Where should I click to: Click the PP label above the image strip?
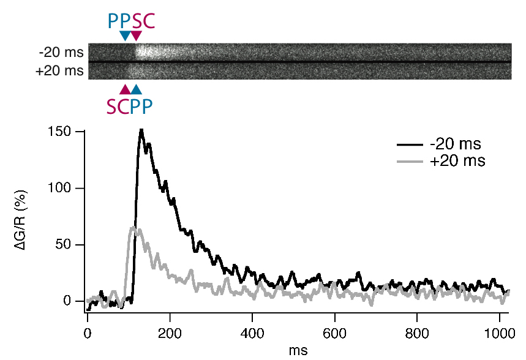119,21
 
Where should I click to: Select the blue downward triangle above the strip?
125,36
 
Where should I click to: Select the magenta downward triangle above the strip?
136,36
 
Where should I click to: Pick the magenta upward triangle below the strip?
125,89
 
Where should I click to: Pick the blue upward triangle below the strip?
136,89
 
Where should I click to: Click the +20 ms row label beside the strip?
59,71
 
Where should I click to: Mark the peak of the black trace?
141,130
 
